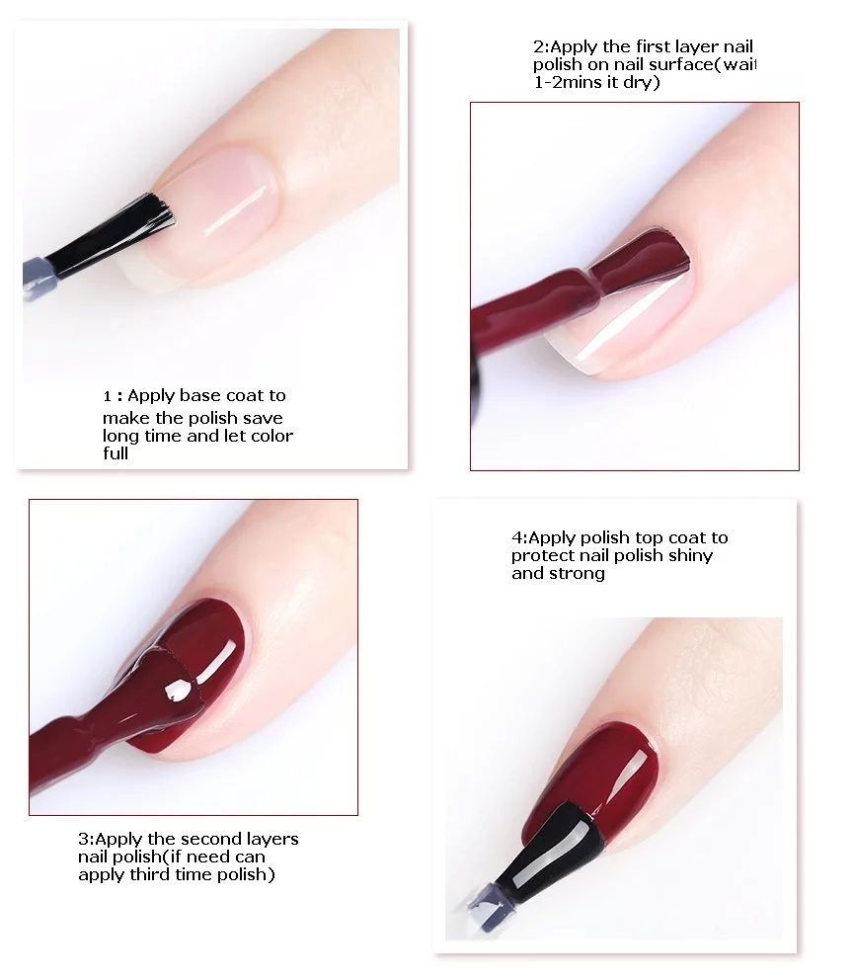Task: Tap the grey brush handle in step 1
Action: [40, 277]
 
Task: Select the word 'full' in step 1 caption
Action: [116, 453]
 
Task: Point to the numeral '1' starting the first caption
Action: [108, 396]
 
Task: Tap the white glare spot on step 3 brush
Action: [177, 690]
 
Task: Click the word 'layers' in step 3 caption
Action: [272, 840]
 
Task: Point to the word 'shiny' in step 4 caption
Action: [690, 555]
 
